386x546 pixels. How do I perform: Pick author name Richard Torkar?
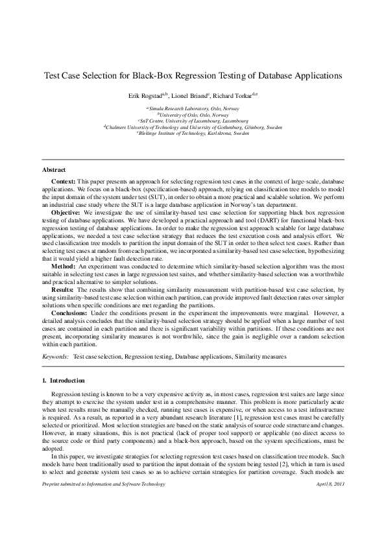(x=235, y=95)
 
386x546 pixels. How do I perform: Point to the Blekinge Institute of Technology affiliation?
(x=193, y=133)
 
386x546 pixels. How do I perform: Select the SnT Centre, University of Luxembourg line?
(x=193, y=120)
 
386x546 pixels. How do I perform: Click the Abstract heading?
(x=53, y=169)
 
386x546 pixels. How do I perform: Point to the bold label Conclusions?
(x=70, y=313)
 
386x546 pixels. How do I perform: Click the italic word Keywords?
(x=55, y=357)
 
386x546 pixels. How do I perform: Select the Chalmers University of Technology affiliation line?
(x=193, y=127)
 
